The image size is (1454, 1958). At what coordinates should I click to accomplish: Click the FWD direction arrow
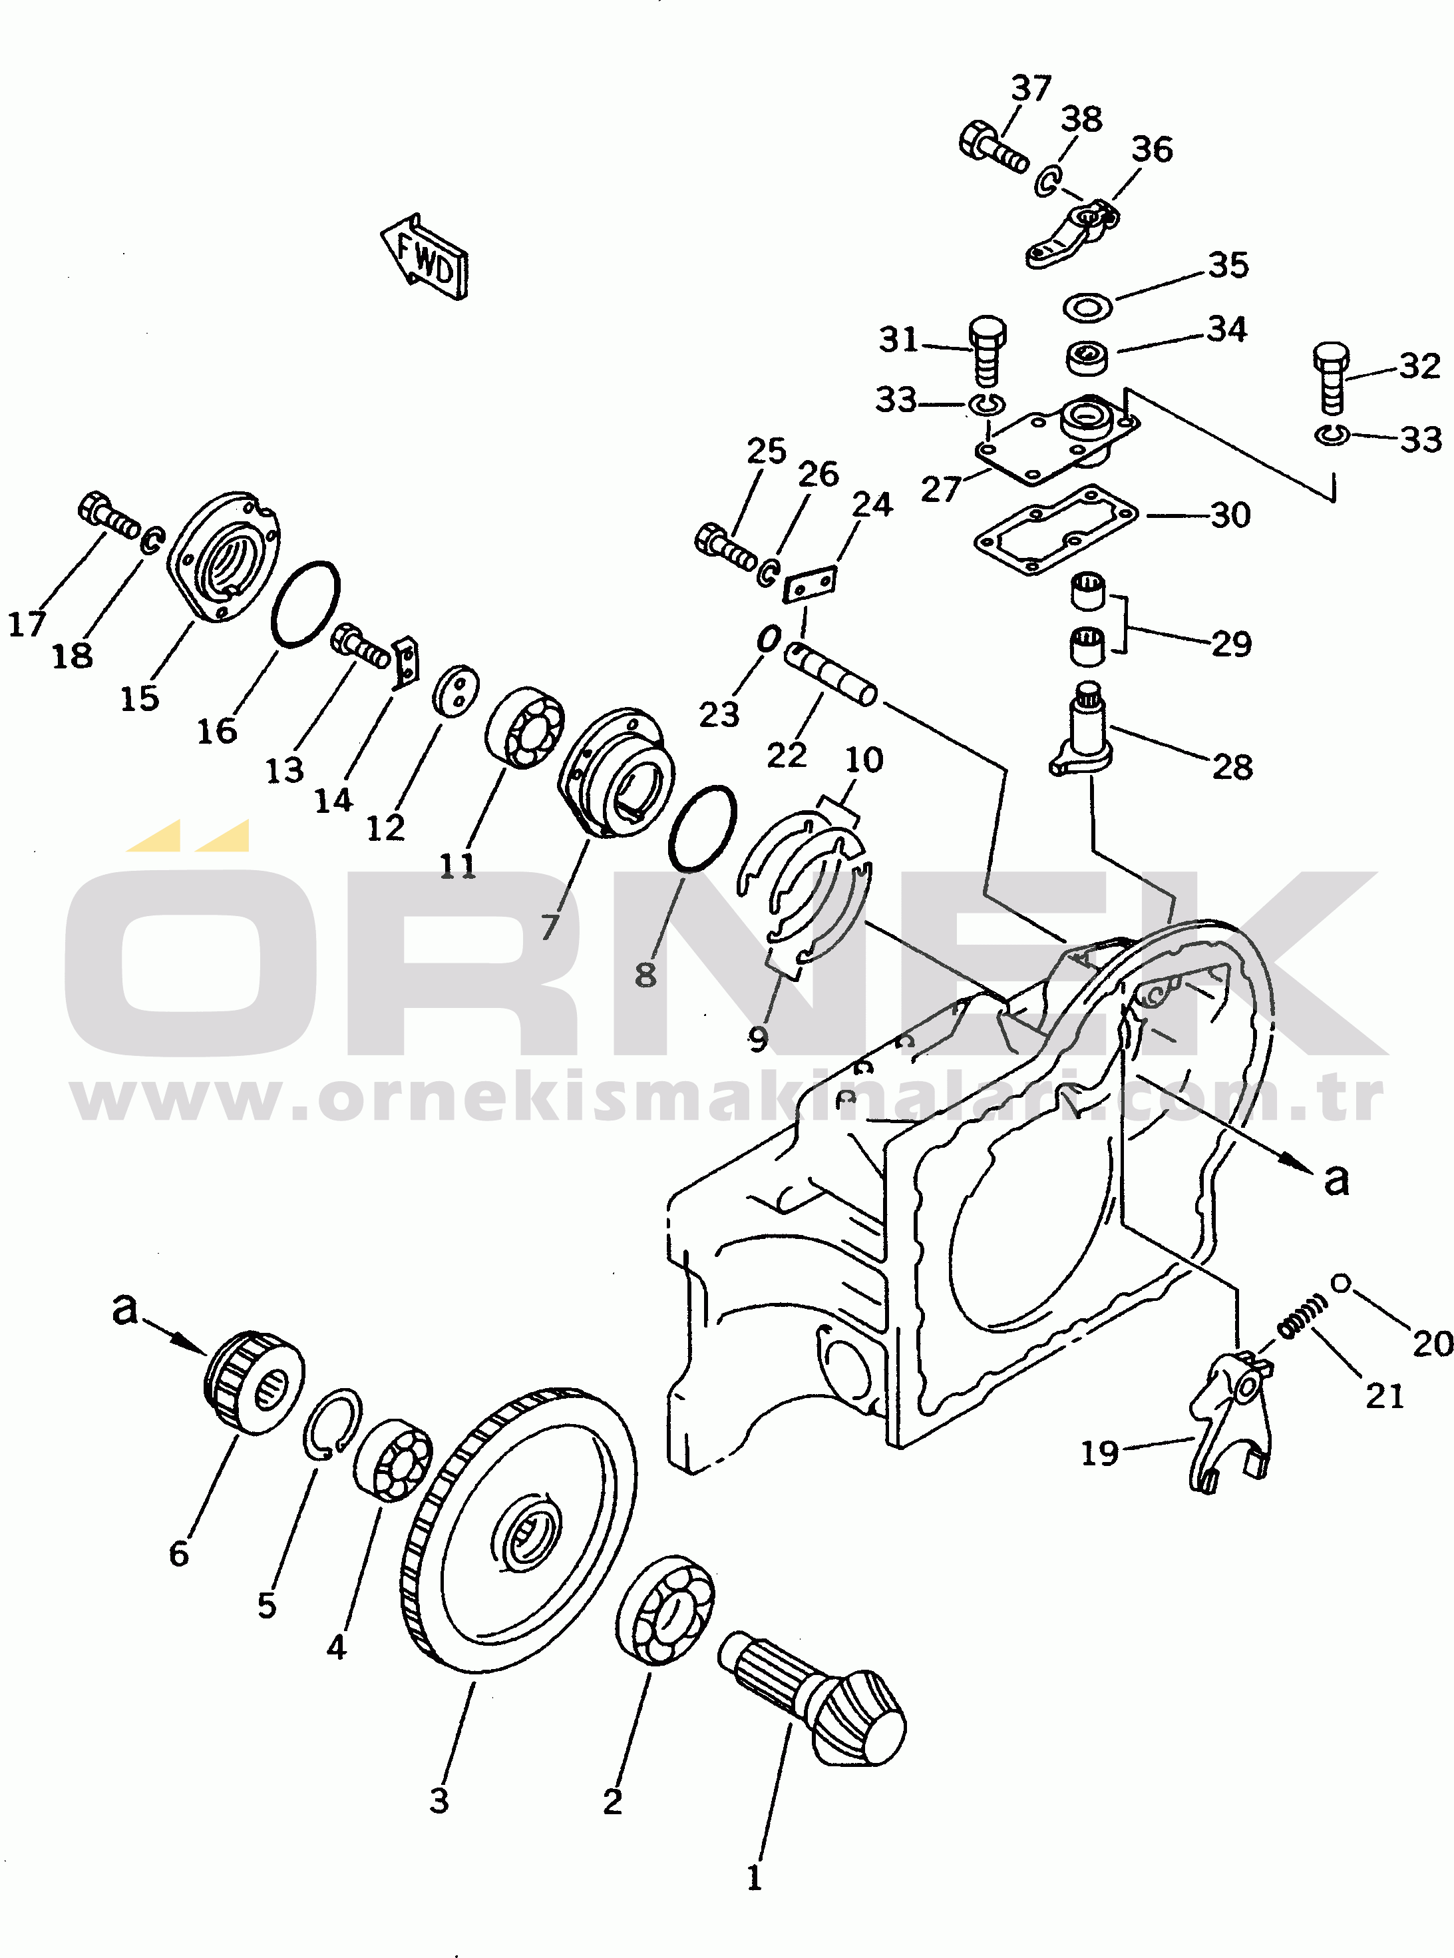[x=425, y=257]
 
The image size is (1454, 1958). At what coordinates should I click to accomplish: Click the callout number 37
[x=1031, y=88]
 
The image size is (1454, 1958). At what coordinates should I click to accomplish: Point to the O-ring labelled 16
[x=305, y=604]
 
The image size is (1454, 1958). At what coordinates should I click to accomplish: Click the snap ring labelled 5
[x=333, y=1423]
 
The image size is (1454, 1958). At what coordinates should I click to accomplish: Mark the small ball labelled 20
[x=1340, y=1284]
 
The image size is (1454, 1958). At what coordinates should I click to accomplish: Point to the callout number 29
[x=1231, y=644]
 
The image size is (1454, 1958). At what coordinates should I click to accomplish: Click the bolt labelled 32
[x=1331, y=376]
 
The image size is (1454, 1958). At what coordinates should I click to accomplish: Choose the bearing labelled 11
[x=524, y=726]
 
